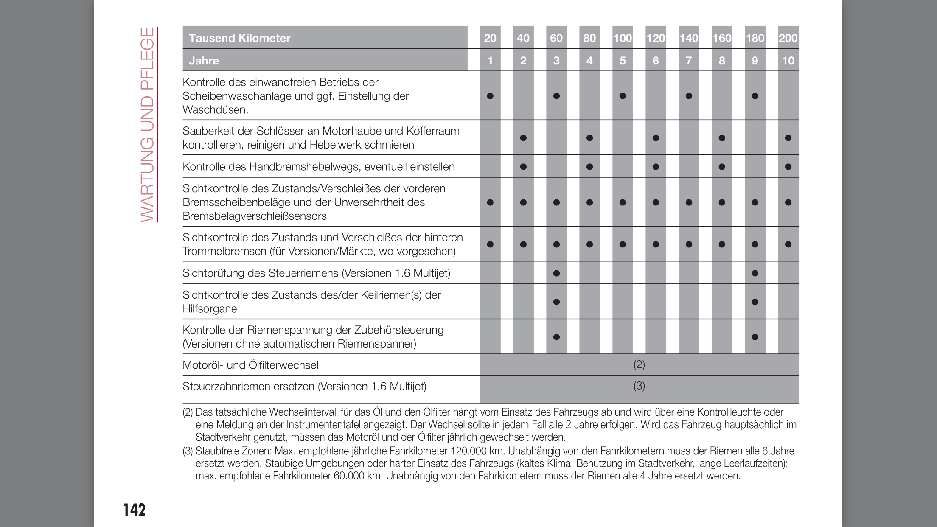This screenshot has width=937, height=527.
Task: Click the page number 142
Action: [135, 510]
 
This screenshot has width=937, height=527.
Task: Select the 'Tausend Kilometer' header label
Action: [240, 38]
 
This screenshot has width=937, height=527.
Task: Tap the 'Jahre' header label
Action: [204, 61]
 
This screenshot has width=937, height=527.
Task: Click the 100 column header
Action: [623, 38]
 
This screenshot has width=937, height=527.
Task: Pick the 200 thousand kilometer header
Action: [788, 38]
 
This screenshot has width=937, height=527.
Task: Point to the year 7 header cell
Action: [689, 61]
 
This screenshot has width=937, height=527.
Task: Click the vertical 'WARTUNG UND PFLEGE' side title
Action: [148, 124]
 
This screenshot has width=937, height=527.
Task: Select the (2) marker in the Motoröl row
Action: [639, 364]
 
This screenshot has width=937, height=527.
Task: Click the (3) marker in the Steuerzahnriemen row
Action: [639, 386]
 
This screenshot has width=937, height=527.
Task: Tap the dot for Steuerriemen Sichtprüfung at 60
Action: [556, 273]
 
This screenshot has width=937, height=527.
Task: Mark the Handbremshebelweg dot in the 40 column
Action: [523, 167]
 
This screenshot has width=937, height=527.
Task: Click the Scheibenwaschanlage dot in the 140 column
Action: [689, 96]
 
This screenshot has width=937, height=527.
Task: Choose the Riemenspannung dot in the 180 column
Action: [755, 337]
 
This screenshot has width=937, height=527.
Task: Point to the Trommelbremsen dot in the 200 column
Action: [788, 244]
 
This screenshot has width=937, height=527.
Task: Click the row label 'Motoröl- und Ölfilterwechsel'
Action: [250, 365]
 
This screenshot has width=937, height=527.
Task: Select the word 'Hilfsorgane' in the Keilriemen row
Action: [210, 309]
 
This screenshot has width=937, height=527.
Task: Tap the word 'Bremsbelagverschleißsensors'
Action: [255, 216]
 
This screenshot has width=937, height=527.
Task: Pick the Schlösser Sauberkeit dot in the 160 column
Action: [722, 138]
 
